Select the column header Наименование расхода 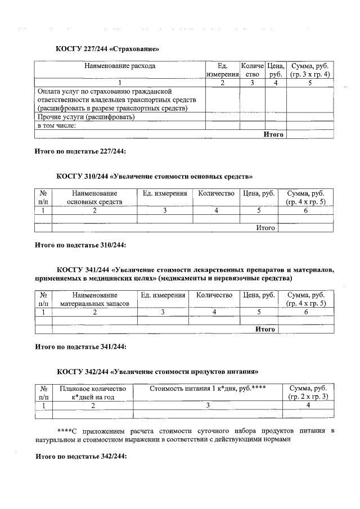click(x=120, y=66)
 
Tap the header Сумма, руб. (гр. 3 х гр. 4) click(x=309, y=70)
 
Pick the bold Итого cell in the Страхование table click(x=273, y=134)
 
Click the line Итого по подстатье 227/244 click(x=80, y=151)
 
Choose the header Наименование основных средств click(x=94, y=197)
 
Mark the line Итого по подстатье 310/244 click(x=80, y=245)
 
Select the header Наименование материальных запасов click(x=94, y=299)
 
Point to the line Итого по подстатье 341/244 click(x=80, y=346)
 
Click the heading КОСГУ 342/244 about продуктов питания click(x=157, y=372)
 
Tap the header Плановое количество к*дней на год click(x=93, y=393)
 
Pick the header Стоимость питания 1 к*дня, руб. click(x=207, y=389)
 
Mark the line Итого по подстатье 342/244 click(x=80, y=457)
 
